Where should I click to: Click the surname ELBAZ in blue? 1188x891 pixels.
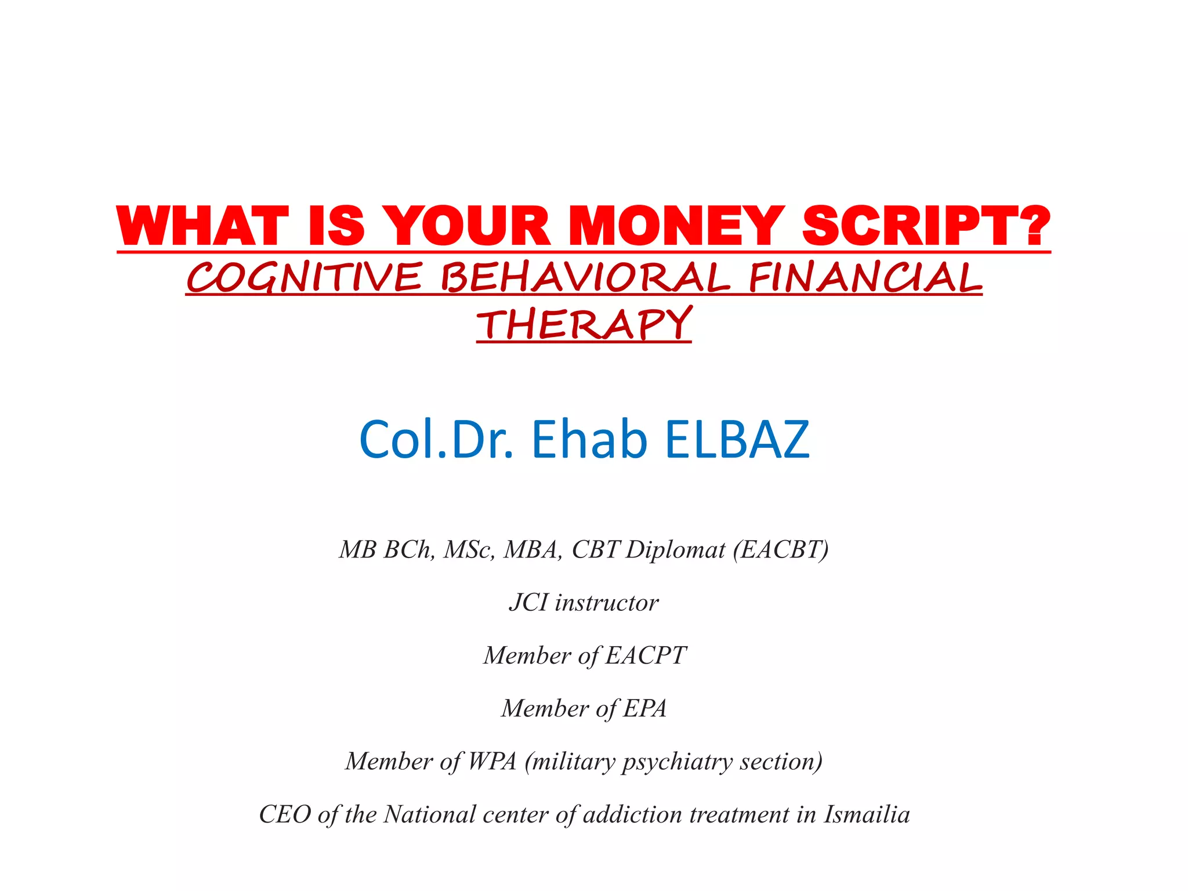(737, 439)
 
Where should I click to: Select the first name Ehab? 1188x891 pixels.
(589, 439)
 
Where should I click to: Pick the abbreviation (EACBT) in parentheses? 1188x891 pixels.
(781, 550)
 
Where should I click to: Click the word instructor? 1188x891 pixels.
(607, 603)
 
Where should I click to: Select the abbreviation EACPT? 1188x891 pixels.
(646, 655)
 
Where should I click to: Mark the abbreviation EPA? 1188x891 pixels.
(645, 708)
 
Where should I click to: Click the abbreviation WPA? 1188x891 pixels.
(492, 762)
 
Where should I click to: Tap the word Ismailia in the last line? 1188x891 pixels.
(867, 814)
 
